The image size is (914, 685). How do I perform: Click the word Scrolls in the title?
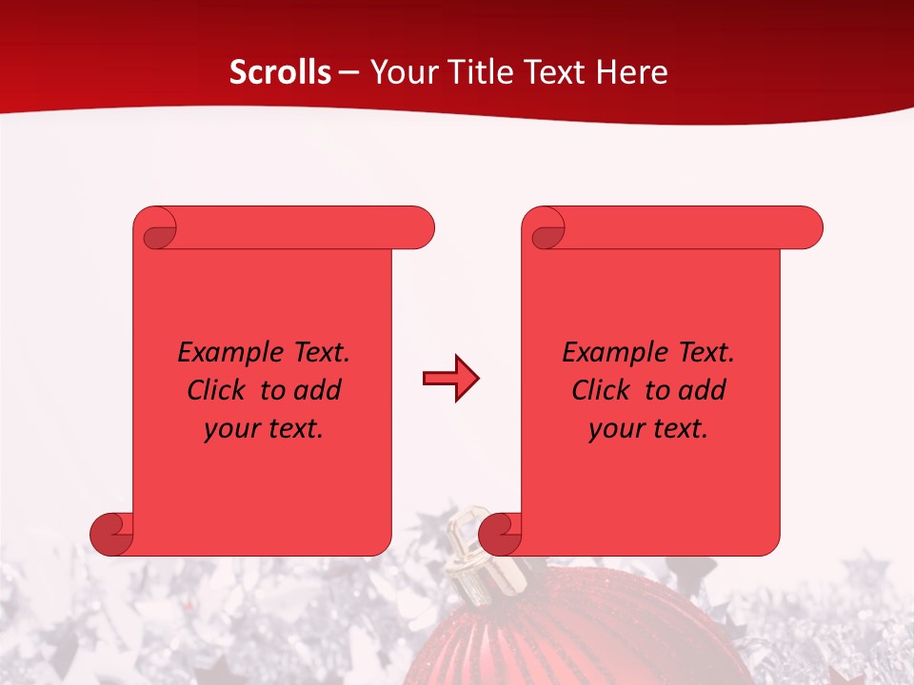point(280,72)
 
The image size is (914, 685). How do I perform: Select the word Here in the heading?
point(632,72)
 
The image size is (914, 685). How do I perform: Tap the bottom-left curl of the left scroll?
point(110,536)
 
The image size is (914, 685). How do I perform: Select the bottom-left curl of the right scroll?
point(499,536)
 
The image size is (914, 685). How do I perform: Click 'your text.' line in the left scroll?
point(264,428)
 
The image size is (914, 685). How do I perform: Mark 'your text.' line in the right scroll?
point(648,428)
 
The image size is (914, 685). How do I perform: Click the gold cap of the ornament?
point(469,552)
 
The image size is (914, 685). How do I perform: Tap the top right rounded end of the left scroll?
point(419,227)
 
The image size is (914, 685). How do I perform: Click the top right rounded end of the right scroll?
point(807,227)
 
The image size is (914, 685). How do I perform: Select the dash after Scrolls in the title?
point(348,72)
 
